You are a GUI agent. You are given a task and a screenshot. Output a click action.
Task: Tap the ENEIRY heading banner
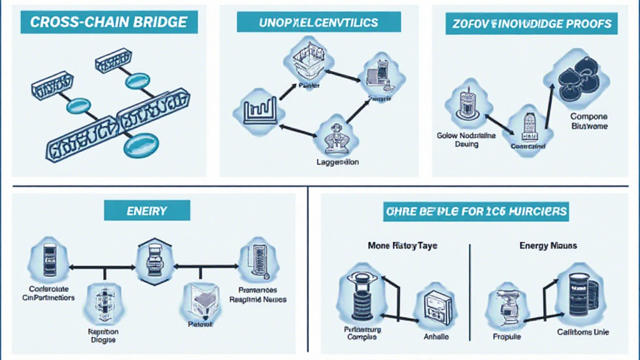coord(146,211)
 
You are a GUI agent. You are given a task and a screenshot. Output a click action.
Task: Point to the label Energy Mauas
coord(547,246)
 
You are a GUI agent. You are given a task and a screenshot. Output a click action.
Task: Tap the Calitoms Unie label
coord(584,332)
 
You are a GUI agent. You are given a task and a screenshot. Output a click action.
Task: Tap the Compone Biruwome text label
coord(589,121)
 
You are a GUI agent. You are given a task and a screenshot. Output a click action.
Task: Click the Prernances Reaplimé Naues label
coord(257,294)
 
